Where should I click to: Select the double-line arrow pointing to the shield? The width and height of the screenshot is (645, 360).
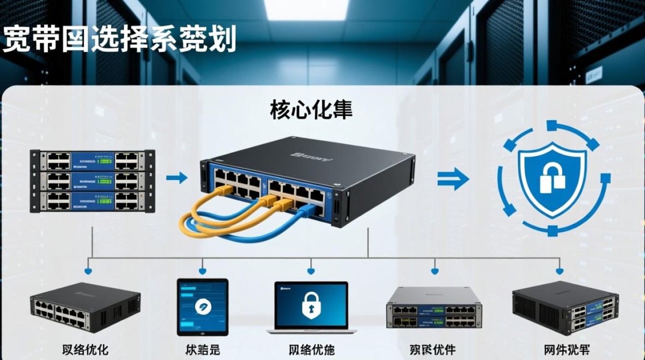[453, 180]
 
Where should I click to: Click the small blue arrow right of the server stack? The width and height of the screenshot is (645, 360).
[176, 178]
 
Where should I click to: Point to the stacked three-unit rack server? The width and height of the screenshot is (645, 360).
[92, 180]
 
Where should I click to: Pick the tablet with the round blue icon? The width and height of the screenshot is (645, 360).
[202, 306]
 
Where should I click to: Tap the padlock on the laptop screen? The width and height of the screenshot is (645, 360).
[311, 304]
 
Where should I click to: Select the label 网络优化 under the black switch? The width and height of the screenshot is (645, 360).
[85, 349]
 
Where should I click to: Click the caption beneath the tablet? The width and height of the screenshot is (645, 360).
[202, 349]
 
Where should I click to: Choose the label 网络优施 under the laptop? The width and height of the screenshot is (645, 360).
[311, 349]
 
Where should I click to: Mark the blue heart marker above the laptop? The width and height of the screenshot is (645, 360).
[311, 272]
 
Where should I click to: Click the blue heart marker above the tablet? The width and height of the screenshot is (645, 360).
[202, 272]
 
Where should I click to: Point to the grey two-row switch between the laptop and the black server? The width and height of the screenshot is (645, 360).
[434, 308]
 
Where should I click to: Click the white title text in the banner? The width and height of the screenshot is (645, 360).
[119, 39]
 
